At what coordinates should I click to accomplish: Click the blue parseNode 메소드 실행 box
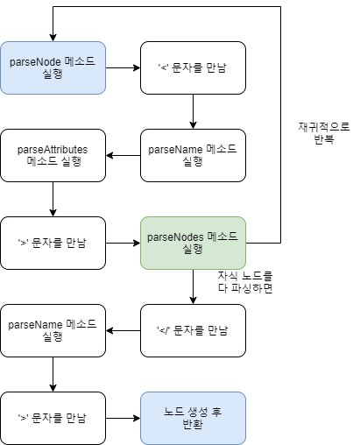point(53,67)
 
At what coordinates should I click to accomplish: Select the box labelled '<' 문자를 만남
point(193,67)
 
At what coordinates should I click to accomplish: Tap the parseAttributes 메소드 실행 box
point(53,155)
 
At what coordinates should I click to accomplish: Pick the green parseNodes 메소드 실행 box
point(193,243)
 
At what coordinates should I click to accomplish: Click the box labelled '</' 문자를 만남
point(193,330)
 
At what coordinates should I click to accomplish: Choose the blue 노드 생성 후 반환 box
point(193,418)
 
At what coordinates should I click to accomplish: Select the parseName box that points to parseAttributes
point(193,155)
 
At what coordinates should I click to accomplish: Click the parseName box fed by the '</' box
point(53,330)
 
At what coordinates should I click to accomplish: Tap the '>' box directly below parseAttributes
point(53,243)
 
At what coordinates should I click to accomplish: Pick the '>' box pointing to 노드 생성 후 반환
point(53,418)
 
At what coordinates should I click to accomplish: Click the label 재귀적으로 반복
point(323,132)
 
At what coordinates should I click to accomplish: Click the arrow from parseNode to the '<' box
point(123,67)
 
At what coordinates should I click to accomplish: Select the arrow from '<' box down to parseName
point(193,111)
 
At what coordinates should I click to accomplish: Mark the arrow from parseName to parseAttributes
point(123,155)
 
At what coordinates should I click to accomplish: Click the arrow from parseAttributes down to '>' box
point(53,199)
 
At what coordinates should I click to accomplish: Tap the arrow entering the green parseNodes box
point(123,243)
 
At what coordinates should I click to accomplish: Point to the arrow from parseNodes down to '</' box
point(193,286)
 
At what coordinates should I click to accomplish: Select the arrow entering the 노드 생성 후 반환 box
point(123,418)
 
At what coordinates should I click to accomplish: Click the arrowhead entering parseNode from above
point(53,36)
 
